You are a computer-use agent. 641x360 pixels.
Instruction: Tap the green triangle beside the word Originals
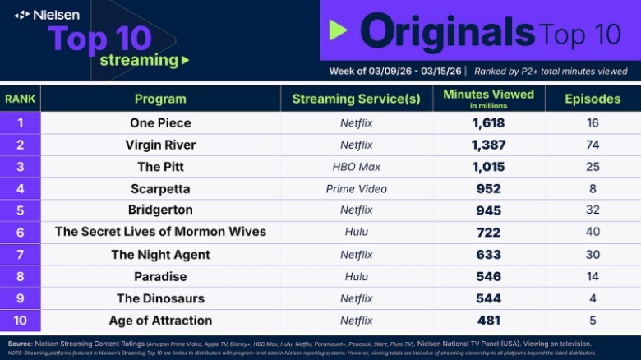click(338, 31)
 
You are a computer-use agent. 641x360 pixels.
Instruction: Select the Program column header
click(160, 99)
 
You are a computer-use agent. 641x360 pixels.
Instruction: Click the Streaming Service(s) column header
click(356, 99)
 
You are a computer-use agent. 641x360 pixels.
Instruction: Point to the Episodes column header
click(593, 99)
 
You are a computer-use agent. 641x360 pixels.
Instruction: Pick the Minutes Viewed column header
click(488, 98)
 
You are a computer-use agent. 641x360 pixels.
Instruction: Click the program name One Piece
click(160, 123)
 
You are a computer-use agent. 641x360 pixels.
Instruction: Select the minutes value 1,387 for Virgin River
click(488, 145)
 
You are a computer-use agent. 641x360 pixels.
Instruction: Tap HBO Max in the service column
click(356, 167)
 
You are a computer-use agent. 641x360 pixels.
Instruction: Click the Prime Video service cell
click(356, 189)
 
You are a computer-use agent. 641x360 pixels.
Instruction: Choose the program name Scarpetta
click(160, 189)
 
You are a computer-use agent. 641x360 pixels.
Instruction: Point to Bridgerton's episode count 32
click(593, 210)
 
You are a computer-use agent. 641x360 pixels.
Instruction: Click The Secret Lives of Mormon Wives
click(160, 233)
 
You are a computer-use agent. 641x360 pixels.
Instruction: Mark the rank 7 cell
click(20, 255)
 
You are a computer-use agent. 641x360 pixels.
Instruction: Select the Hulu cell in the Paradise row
click(356, 277)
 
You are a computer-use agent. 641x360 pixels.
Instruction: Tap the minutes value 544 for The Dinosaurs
click(488, 298)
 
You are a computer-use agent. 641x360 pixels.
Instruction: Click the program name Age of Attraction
click(160, 321)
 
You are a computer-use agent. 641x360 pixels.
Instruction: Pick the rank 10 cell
click(20, 321)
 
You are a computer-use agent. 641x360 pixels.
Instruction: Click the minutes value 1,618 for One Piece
click(488, 123)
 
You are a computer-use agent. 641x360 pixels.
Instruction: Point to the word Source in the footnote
click(21, 342)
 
